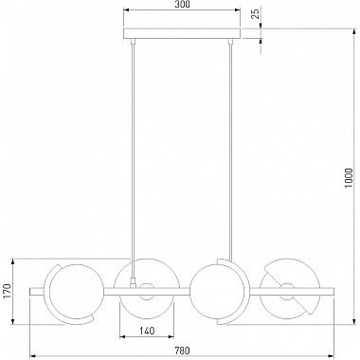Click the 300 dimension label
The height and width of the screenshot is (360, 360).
pyautogui.click(x=182, y=5)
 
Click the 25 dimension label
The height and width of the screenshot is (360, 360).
pyautogui.click(x=256, y=14)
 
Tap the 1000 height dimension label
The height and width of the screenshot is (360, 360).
pyautogui.click(x=349, y=178)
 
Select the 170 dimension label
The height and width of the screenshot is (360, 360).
pyautogui.click(x=8, y=292)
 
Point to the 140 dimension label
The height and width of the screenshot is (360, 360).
pyautogui.click(x=147, y=331)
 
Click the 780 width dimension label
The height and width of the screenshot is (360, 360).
pyautogui.click(x=182, y=351)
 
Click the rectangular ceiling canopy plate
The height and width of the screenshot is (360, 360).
pyautogui.click(x=182, y=33)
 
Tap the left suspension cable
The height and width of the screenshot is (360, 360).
pyautogui.click(x=134, y=159)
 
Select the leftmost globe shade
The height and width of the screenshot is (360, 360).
pyautogui.click(x=77, y=292)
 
